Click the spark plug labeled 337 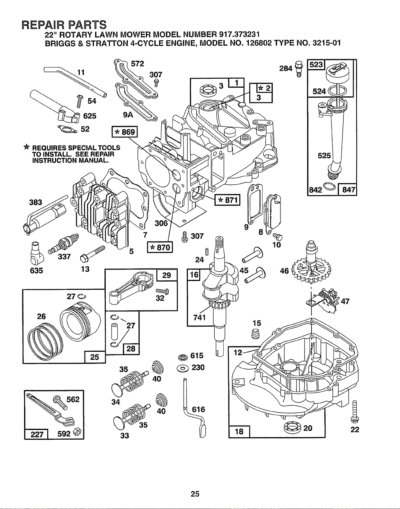point(64,244)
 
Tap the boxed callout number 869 point(125,132)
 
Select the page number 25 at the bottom point(195,494)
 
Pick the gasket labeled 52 point(67,128)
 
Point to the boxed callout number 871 point(227,200)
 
